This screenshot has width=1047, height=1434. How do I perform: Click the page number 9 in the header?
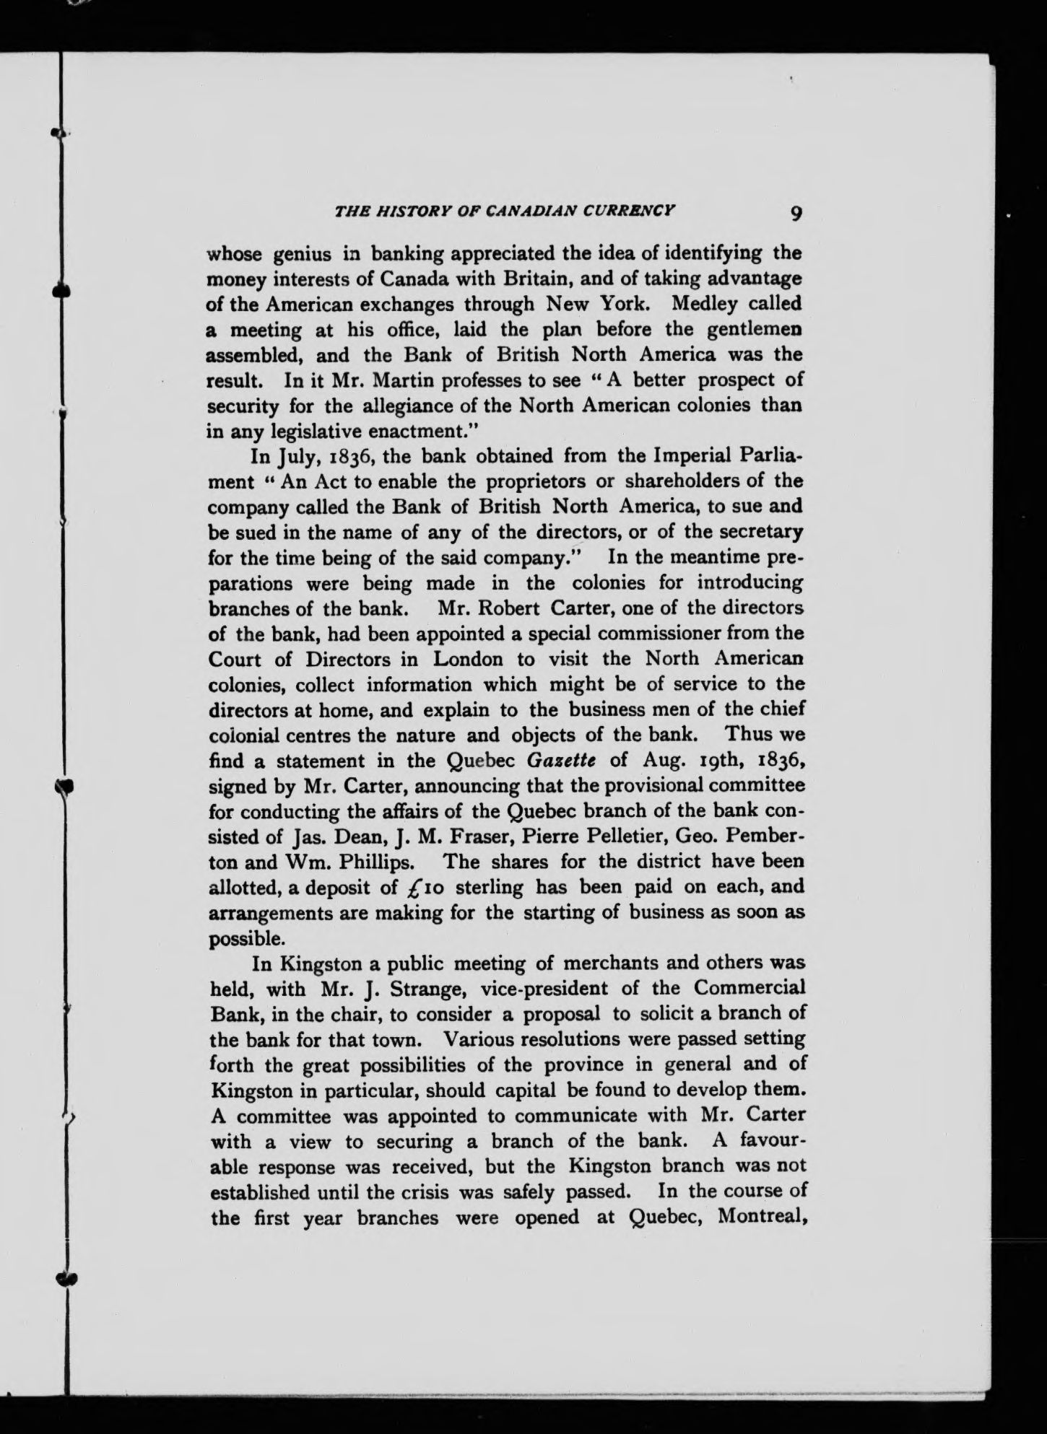point(796,214)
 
